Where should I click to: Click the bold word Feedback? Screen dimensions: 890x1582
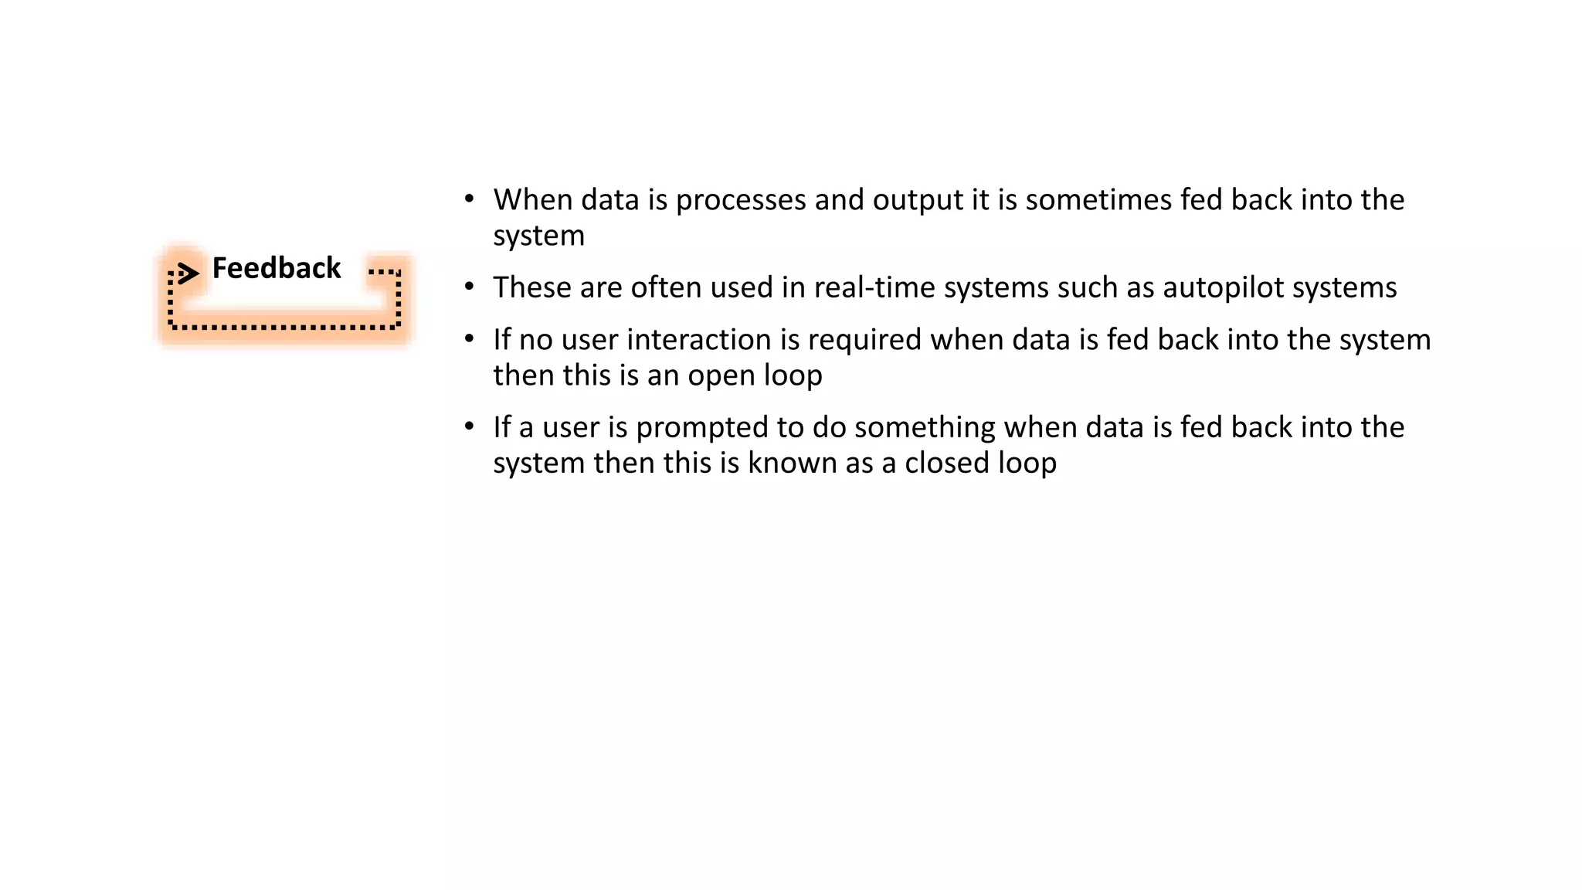pyautogui.click(x=276, y=268)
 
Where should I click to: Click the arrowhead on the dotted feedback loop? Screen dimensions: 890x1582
pyautogui.click(x=188, y=273)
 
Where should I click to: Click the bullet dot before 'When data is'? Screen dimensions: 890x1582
pyautogui.click(x=469, y=199)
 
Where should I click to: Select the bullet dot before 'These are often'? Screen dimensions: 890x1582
pyautogui.click(x=469, y=287)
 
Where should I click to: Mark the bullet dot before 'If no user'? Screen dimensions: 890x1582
pyautogui.click(x=469, y=339)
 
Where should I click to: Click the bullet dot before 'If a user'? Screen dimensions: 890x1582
pyautogui.click(x=469, y=426)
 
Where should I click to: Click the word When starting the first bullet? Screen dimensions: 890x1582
pyautogui.click(x=532, y=200)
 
